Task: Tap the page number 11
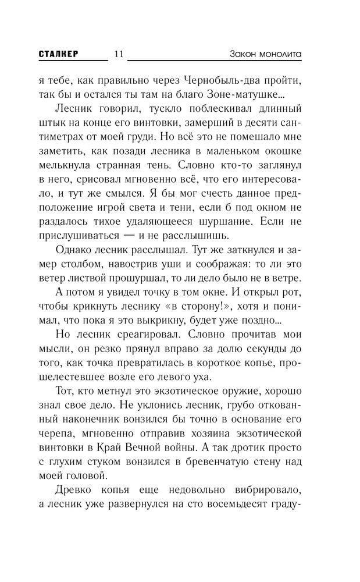(119, 54)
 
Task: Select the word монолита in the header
(278, 54)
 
